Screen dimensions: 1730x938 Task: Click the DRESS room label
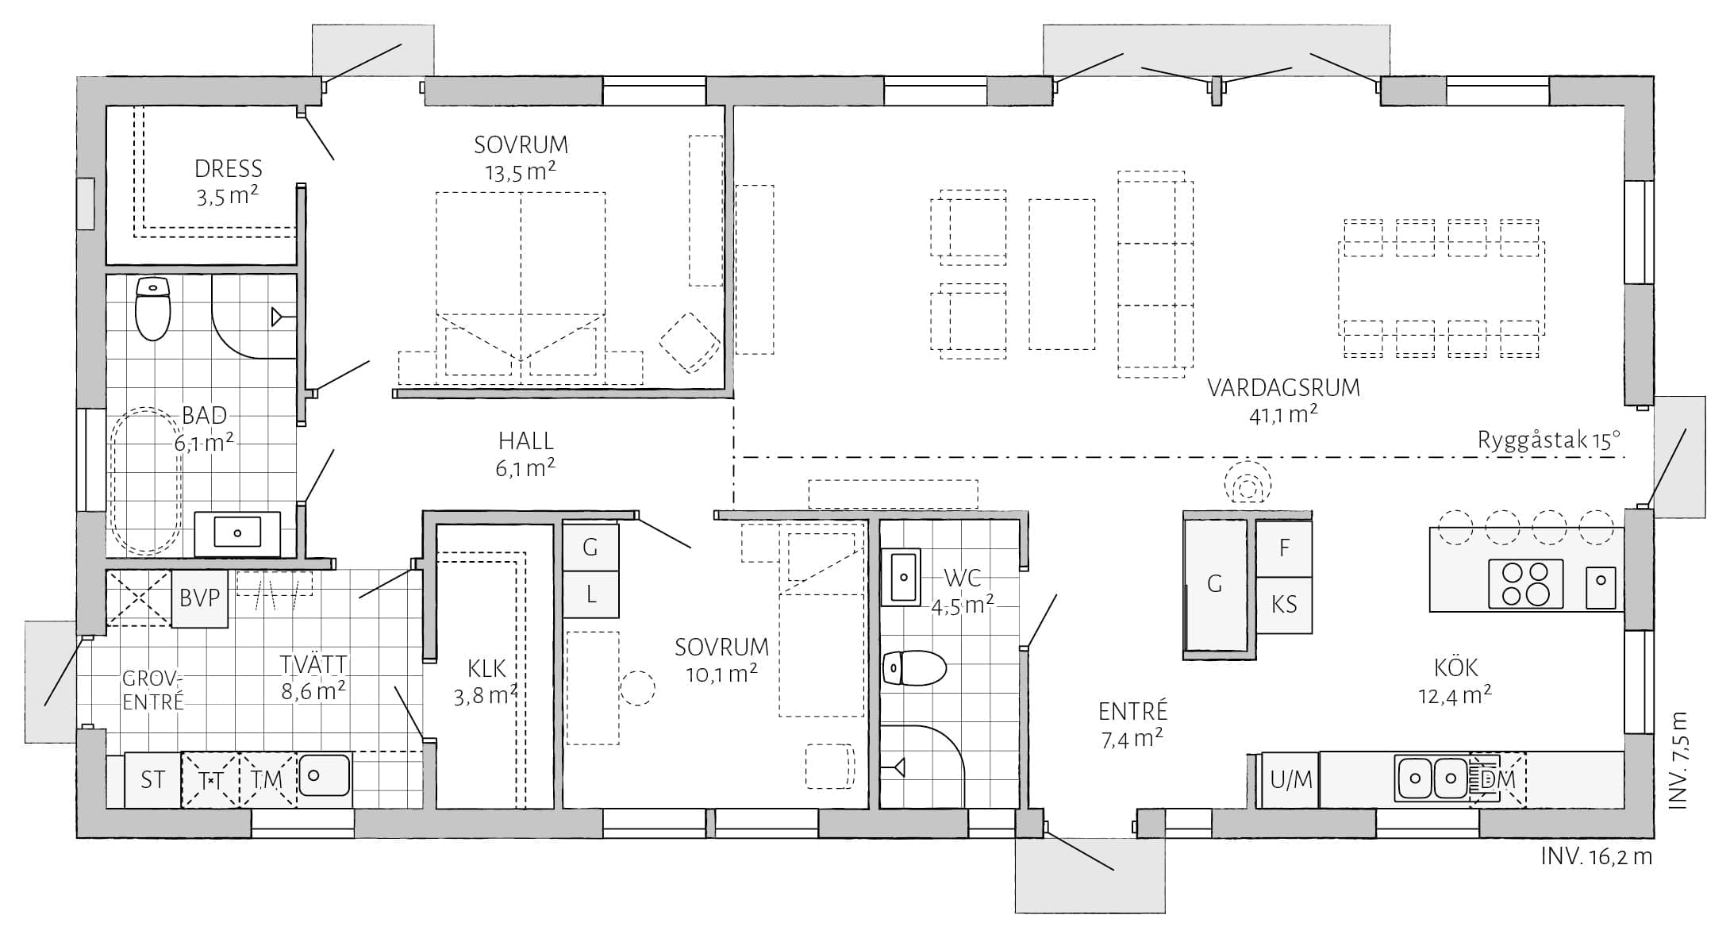(229, 168)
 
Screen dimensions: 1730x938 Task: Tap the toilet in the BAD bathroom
(153, 309)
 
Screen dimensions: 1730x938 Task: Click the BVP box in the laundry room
(200, 598)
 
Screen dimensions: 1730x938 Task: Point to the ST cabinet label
(153, 780)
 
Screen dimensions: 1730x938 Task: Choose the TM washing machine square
(268, 780)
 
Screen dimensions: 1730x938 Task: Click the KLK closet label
(486, 668)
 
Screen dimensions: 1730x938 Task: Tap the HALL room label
(526, 441)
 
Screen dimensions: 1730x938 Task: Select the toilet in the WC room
(914, 668)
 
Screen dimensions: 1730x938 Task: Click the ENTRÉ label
(1132, 710)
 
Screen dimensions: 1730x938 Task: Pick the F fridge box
(1284, 548)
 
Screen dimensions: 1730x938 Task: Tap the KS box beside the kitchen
(1284, 605)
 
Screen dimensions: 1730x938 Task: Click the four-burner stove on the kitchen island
(1525, 584)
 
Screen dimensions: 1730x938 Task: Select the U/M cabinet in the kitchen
(1290, 780)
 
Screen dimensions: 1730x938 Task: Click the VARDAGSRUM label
(1284, 388)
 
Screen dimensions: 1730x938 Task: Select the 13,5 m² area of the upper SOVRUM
(521, 172)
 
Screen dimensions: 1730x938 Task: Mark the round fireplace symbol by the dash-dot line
(1248, 482)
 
